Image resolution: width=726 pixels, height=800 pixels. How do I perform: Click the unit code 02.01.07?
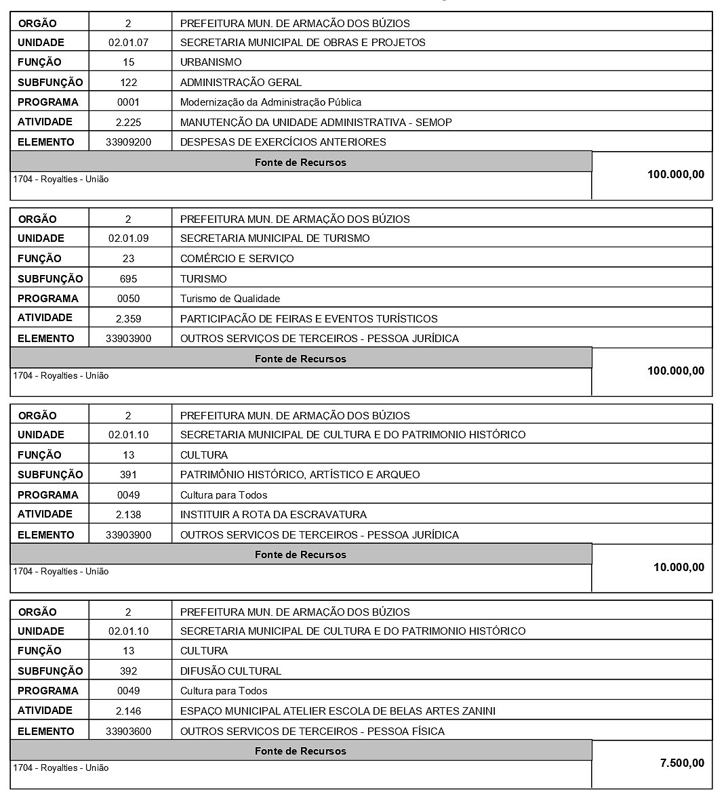coord(128,43)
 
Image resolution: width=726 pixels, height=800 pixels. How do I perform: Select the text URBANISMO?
coord(211,62)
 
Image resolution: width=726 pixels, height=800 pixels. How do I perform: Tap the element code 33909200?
coord(129,142)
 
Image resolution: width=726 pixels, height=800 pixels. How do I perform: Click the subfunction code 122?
coord(128,83)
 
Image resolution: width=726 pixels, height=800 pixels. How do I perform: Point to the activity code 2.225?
coord(128,123)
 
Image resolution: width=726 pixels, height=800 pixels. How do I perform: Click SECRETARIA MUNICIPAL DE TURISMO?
coord(275,238)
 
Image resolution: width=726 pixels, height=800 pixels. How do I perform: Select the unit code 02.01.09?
coord(128,238)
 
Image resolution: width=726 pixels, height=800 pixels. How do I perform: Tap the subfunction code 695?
coord(128,279)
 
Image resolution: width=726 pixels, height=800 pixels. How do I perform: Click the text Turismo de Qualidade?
coord(230,299)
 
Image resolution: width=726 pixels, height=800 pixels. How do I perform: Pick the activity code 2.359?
coord(128,318)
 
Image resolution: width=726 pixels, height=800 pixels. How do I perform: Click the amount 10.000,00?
coord(679,568)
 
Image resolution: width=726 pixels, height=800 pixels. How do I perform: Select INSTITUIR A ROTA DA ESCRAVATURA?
coord(273,515)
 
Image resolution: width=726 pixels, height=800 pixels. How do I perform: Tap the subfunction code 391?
coord(128,475)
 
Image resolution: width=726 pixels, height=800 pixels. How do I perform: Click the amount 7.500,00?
coord(682,763)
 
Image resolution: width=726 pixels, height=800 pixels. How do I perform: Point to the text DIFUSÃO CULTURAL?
coord(230,671)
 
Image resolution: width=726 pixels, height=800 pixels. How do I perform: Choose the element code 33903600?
coord(129,732)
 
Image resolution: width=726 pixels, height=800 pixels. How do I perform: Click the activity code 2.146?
coord(128,711)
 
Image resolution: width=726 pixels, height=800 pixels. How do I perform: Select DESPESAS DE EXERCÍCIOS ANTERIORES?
coord(283,142)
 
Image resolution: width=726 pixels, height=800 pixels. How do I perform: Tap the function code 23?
coord(128,259)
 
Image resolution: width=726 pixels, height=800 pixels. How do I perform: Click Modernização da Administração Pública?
coord(270,102)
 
